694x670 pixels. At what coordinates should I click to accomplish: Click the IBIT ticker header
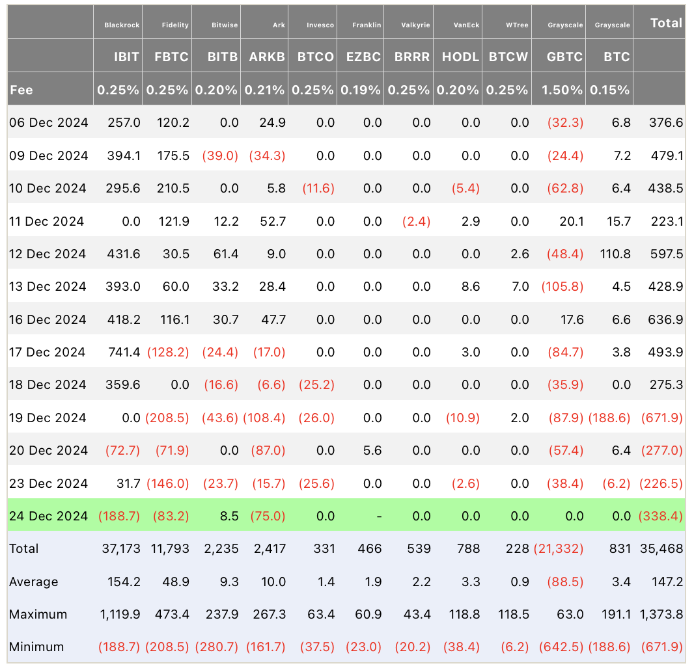pyautogui.click(x=126, y=57)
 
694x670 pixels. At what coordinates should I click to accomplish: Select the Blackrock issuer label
pyautogui.click(x=122, y=25)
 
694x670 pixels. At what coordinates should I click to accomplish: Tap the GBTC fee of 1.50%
pyautogui.click(x=562, y=90)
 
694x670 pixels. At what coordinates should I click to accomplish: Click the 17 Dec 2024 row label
pyautogui.click(x=48, y=352)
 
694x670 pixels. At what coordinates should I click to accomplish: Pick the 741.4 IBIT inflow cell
pyautogui.click(x=124, y=352)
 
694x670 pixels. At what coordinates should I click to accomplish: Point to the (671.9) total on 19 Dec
pyautogui.click(x=662, y=418)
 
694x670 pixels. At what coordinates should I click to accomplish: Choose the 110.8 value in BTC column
pyautogui.click(x=615, y=254)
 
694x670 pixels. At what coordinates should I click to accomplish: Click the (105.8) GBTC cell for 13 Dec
pyautogui.click(x=562, y=287)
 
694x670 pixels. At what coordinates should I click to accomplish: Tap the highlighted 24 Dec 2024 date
pyautogui.click(x=48, y=516)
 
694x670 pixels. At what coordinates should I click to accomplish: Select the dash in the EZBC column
pyautogui.click(x=379, y=516)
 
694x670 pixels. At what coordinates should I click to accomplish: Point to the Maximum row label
pyautogui.click(x=38, y=614)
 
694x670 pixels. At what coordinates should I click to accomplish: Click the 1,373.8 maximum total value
pyautogui.click(x=661, y=614)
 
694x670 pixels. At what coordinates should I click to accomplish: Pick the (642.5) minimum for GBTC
pyautogui.click(x=561, y=647)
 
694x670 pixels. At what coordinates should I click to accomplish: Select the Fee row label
pyautogui.click(x=21, y=90)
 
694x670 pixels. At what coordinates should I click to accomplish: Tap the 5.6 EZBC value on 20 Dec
pyautogui.click(x=372, y=450)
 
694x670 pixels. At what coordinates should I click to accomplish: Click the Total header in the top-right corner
pyautogui.click(x=666, y=23)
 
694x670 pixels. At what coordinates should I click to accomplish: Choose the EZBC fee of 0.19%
pyautogui.click(x=360, y=90)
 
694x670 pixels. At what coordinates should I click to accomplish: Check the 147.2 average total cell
pyautogui.click(x=667, y=582)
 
